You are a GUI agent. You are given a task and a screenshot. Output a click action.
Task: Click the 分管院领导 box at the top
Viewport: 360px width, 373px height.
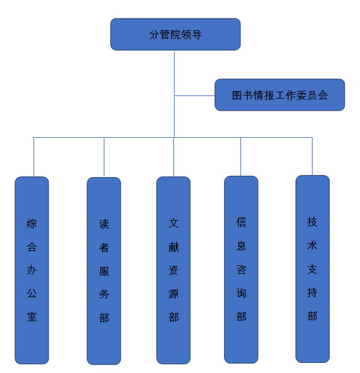tap(175, 34)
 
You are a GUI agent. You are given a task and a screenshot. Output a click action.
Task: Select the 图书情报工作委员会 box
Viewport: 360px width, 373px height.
tap(280, 95)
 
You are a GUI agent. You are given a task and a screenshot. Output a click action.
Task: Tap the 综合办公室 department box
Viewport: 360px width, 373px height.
tap(32, 270)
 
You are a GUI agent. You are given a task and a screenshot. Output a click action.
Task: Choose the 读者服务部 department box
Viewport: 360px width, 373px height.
tap(104, 271)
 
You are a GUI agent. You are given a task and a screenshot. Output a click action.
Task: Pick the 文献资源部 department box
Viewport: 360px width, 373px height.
tap(173, 270)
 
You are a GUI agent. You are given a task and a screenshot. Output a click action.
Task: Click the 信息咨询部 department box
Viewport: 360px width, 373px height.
tap(241, 269)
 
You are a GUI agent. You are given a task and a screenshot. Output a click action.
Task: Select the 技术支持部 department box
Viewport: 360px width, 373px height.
tap(313, 269)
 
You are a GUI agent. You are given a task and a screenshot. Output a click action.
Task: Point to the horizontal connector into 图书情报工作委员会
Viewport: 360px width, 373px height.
tap(194, 95)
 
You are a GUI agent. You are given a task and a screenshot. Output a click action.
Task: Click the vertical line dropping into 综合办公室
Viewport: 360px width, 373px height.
tap(34, 157)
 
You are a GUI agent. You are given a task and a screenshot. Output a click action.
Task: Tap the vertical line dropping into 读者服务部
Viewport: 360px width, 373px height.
tap(104, 157)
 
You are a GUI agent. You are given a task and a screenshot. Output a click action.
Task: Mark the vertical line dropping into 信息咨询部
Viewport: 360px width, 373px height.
tap(240, 157)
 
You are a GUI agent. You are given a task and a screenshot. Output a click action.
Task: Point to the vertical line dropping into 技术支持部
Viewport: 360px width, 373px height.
tap(312, 156)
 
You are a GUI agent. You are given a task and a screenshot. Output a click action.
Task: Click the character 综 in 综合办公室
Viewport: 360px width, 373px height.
tap(32, 224)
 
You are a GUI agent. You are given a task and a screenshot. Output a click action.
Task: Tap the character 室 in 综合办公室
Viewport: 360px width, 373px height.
tap(32, 317)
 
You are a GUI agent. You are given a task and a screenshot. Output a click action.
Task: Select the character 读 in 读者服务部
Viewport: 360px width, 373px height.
tap(104, 224)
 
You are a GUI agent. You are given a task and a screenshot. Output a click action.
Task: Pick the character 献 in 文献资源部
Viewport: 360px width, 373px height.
tap(173, 247)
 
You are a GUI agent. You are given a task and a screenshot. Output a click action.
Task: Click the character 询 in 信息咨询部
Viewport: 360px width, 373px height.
tap(241, 293)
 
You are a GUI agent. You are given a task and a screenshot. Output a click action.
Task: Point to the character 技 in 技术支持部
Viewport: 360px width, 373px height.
tap(312, 222)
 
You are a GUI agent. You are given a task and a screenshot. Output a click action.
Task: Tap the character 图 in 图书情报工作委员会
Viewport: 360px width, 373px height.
tap(237, 95)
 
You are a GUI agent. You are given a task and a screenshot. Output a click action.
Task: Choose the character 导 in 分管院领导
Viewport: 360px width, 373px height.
tap(197, 35)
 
